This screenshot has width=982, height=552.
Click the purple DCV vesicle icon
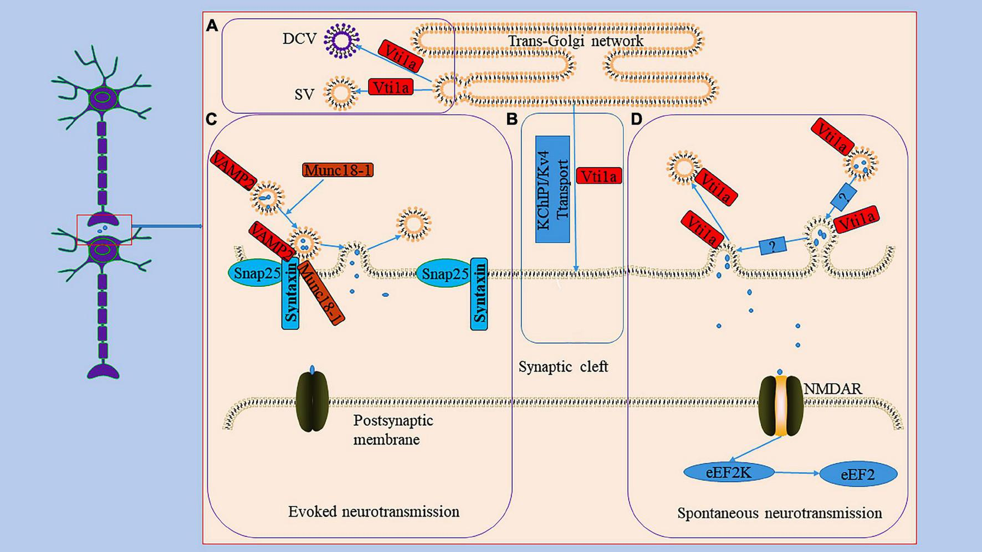tap(341, 40)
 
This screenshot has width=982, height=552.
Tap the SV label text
tap(304, 95)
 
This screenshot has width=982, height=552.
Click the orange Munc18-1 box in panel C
tap(337, 170)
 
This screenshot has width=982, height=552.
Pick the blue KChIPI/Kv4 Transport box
tap(553, 189)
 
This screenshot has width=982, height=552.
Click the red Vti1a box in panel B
tap(599, 176)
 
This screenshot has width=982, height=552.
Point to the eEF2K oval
tap(729, 472)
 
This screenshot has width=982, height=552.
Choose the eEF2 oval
tap(857, 474)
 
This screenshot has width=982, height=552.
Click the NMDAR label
tap(832, 389)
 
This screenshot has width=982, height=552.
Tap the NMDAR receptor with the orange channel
tap(780, 405)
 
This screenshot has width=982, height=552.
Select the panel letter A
tap(211, 25)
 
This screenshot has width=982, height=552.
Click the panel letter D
tap(636, 119)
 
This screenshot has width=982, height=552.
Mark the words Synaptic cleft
tap(563, 367)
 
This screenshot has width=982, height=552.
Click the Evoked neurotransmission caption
tap(374, 511)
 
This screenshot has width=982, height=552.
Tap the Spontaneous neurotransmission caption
tap(779, 513)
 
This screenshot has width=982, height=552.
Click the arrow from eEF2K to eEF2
tap(796, 473)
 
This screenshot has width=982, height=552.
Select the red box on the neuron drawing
tap(104, 229)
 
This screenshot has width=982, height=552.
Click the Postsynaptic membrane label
tap(393, 430)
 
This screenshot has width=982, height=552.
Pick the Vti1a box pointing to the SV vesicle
tap(391, 87)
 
